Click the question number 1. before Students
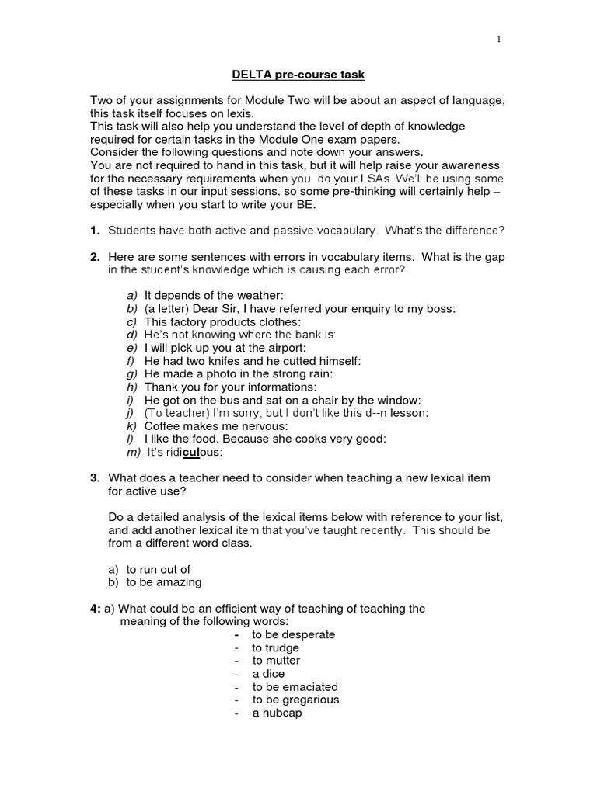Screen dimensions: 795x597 pyautogui.click(x=96, y=231)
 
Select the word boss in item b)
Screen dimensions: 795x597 pyautogui.click(x=440, y=308)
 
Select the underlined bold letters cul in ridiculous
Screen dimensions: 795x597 pyautogui.click(x=191, y=453)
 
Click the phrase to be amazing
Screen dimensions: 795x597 pyautogui.click(x=163, y=582)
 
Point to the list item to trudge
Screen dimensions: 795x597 pyautogui.click(x=275, y=647)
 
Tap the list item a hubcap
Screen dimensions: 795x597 pyautogui.click(x=277, y=713)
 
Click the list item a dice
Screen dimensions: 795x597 pyautogui.click(x=268, y=674)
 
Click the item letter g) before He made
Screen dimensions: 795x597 pyautogui.click(x=131, y=373)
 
